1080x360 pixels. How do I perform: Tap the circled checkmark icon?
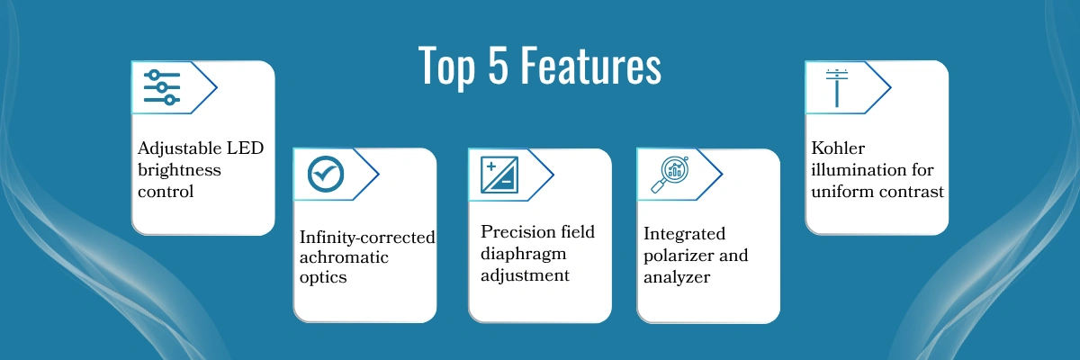[x=325, y=174]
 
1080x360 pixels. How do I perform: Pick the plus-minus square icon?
[x=499, y=174]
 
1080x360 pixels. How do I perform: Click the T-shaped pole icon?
[x=837, y=87]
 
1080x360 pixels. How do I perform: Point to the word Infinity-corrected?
[x=367, y=238]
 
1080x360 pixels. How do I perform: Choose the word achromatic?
[x=344, y=257]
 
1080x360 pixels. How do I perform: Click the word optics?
[x=323, y=278]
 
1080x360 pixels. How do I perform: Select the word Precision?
[x=517, y=232]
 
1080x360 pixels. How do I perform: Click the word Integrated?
[x=684, y=234]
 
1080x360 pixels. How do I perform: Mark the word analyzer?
[x=678, y=277]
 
